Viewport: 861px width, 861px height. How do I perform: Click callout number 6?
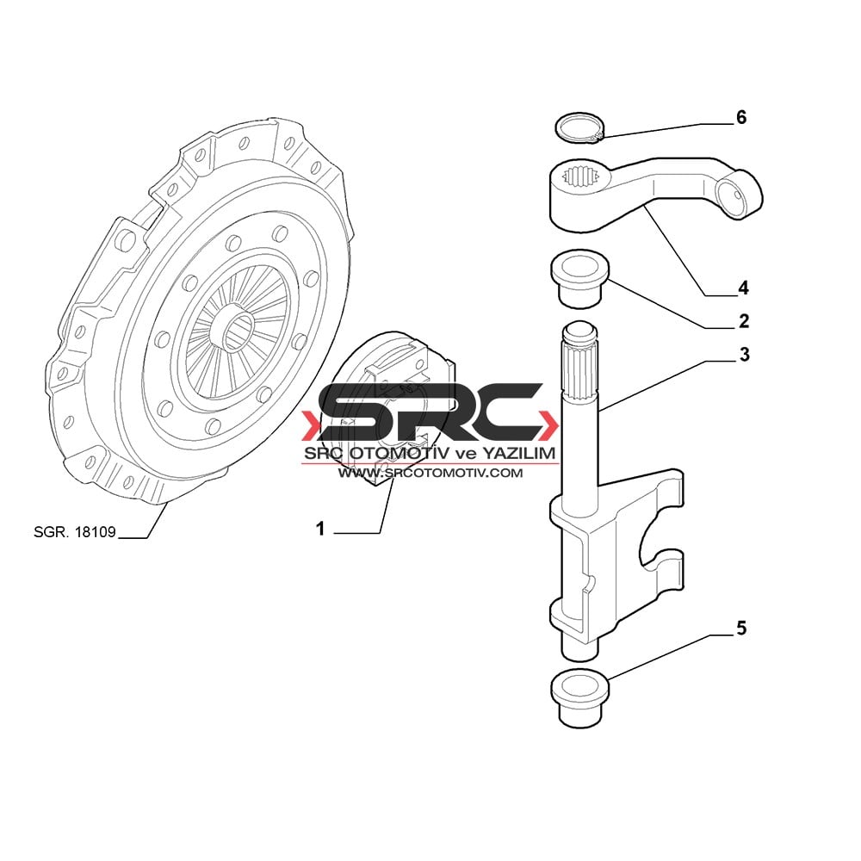click(741, 117)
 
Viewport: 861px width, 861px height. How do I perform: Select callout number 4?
click(743, 288)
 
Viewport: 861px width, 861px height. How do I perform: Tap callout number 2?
click(744, 320)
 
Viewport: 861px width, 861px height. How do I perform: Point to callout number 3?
click(744, 354)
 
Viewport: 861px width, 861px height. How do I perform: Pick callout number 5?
click(741, 628)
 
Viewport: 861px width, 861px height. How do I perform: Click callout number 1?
click(320, 529)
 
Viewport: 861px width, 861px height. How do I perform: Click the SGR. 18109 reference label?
click(75, 531)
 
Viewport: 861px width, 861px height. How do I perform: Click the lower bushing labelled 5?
click(580, 699)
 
